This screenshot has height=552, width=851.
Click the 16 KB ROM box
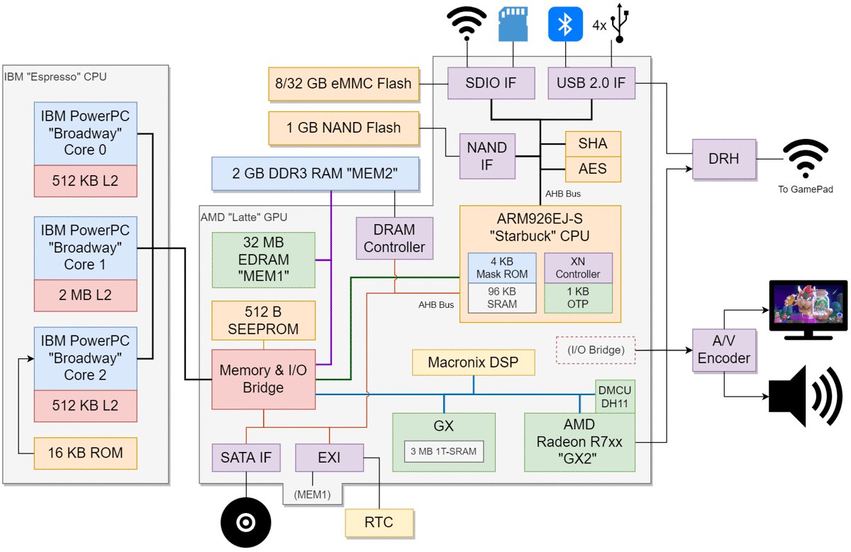(x=85, y=453)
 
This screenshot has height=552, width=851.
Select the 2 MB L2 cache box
(x=85, y=294)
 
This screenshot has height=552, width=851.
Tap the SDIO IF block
(x=490, y=83)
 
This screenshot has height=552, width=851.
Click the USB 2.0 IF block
(x=591, y=83)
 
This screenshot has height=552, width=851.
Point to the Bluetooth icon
(x=564, y=25)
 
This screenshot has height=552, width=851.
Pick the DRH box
(x=723, y=159)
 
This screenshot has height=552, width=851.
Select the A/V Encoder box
(x=723, y=349)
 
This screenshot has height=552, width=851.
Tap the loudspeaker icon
(x=806, y=397)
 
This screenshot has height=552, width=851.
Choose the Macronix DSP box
(x=473, y=363)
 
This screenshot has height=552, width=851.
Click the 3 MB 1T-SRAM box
(x=444, y=451)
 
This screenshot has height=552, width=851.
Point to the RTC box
(x=379, y=523)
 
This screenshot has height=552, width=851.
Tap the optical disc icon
(x=245, y=524)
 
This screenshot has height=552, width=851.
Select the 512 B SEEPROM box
(x=263, y=320)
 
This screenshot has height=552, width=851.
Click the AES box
(x=592, y=169)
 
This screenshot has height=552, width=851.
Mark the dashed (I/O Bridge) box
(x=595, y=349)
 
